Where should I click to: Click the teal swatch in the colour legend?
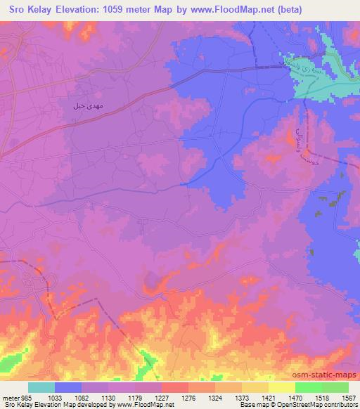tap(41, 387)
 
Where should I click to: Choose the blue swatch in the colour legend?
tap(68, 387)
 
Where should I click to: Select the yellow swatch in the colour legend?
tap(282, 387)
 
